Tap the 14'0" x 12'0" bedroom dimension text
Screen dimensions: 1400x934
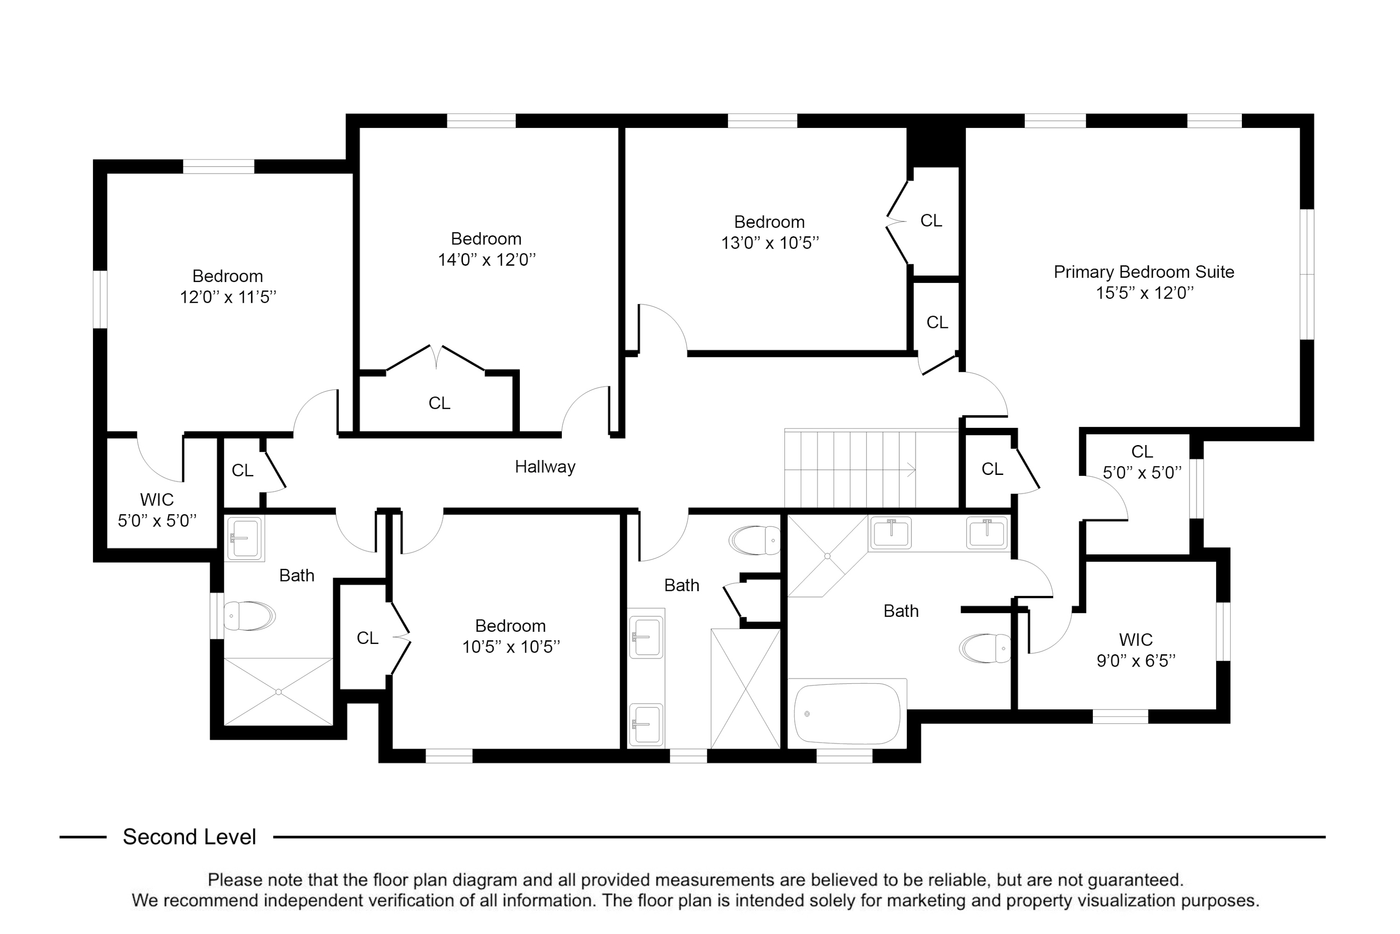(487, 260)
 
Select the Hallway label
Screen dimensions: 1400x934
(545, 466)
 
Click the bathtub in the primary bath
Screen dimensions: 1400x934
(848, 713)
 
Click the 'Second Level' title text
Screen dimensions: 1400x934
(189, 837)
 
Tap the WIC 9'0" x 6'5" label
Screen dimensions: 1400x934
(1136, 650)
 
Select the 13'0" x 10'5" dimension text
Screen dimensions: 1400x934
(770, 243)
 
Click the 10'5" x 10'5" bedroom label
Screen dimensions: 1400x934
(511, 637)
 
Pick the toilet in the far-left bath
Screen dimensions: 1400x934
(249, 615)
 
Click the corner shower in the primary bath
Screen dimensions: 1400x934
(827, 556)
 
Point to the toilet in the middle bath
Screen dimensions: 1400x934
(754, 540)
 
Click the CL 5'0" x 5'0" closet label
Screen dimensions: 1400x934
(1142, 462)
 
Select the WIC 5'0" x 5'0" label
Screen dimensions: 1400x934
(157, 510)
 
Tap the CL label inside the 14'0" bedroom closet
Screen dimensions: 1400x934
(439, 403)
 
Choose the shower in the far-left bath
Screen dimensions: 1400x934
(278, 691)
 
